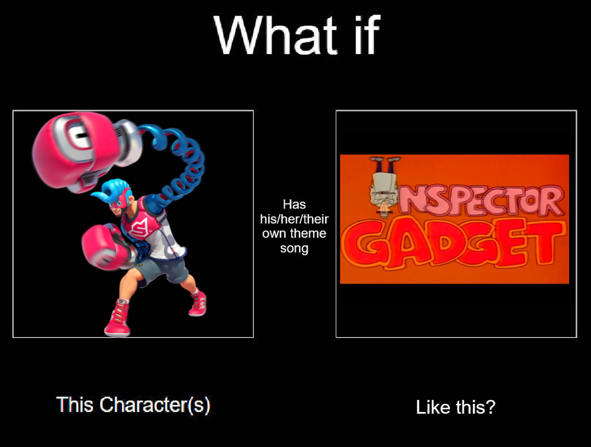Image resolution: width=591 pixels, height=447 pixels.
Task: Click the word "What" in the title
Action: point(276,36)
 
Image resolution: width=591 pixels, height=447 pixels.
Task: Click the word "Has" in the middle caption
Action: point(294,205)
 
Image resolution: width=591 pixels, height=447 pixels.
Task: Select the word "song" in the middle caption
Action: point(294,249)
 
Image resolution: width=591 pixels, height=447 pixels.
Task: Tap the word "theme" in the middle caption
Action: point(308,233)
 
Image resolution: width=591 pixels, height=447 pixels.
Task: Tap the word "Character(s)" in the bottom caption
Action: point(155,405)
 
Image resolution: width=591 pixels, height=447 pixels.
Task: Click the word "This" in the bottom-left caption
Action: point(75,405)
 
